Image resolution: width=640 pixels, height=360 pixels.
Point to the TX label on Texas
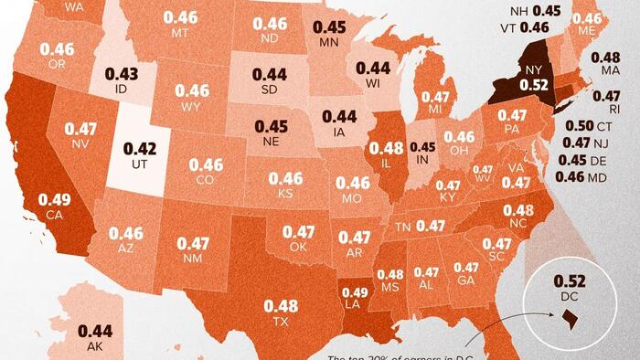click(x=281, y=323)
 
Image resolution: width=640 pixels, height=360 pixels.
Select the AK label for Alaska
click(x=94, y=347)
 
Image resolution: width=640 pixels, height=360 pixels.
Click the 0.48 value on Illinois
click(x=388, y=148)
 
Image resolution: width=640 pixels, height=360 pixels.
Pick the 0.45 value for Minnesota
click(x=329, y=28)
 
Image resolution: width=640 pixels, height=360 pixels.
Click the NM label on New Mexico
click(x=193, y=259)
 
